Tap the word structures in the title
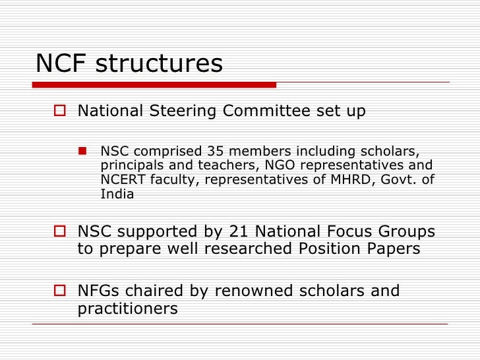[160, 63]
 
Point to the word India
[117, 194]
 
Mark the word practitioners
[128, 309]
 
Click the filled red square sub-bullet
[84, 151]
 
